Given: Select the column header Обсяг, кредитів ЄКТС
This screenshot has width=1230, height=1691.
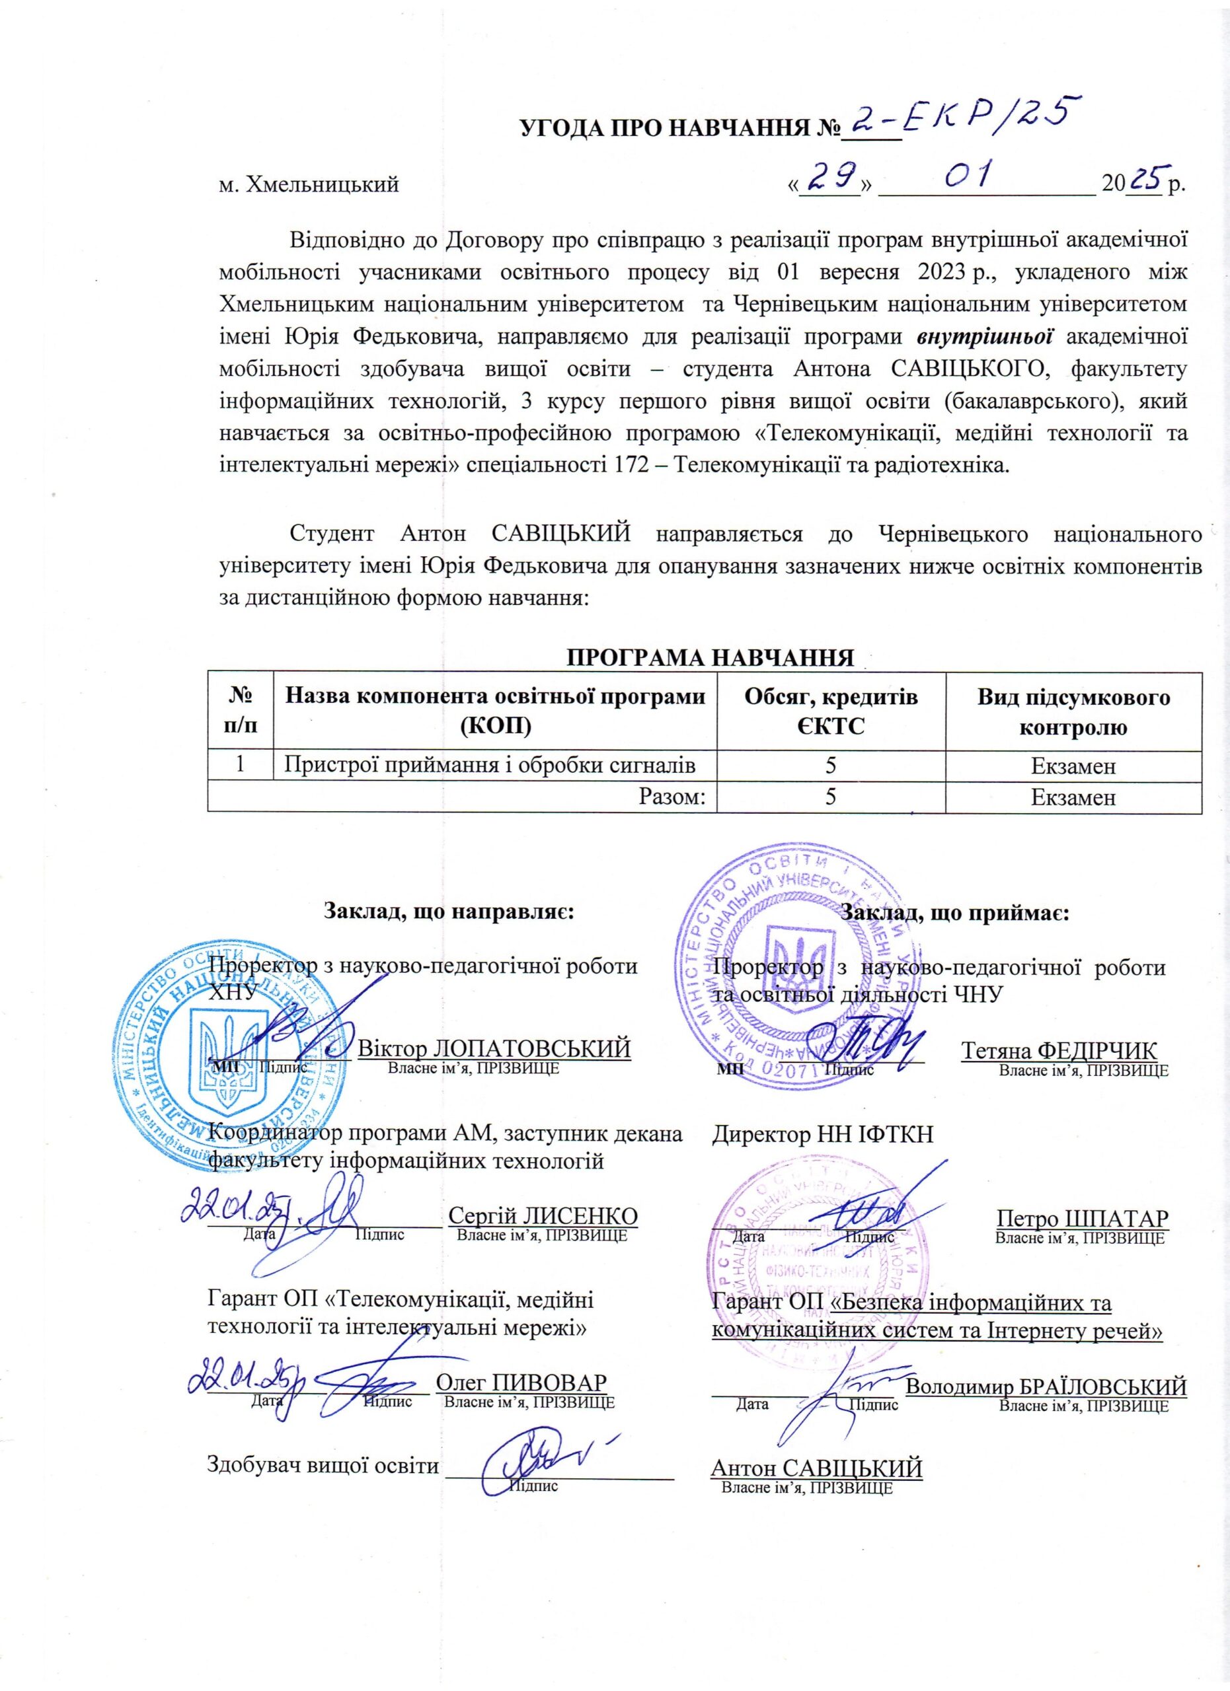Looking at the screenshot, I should pyautogui.click(x=831, y=711).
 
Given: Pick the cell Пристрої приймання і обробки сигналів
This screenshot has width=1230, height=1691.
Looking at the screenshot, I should pyautogui.click(x=491, y=765).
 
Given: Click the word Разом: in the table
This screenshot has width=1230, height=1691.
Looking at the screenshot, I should pyautogui.click(x=672, y=797).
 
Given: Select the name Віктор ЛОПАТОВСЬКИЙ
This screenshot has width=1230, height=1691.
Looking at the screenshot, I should pyautogui.click(x=494, y=1048).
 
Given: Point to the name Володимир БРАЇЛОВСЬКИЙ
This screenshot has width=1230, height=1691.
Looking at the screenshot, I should pyautogui.click(x=1046, y=1386).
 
